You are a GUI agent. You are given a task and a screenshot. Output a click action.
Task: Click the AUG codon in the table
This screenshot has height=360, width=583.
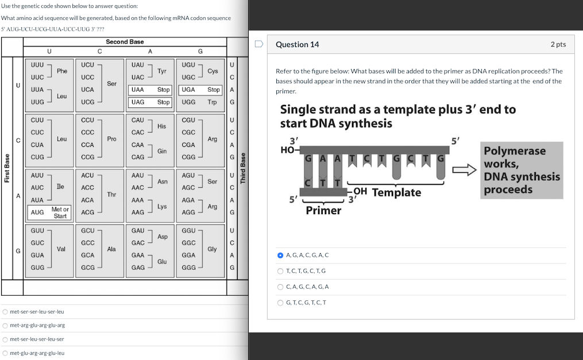pos(37,212)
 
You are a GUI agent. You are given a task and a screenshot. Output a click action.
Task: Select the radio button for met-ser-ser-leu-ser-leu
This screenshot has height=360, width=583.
pos(5,312)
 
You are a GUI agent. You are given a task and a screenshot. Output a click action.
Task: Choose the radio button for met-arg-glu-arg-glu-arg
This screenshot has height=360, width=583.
pos(5,326)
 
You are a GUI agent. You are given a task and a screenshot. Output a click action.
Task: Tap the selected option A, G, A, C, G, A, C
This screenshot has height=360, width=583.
pos(280,256)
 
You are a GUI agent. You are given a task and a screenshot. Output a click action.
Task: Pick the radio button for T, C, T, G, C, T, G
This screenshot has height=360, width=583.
pos(280,271)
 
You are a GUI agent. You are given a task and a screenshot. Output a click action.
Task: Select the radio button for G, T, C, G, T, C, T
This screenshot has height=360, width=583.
pos(280,303)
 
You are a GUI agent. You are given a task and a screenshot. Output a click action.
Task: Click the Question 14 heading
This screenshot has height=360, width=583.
pos(297,45)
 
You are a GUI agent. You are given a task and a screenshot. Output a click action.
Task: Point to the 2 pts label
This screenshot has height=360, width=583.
pos(558,44)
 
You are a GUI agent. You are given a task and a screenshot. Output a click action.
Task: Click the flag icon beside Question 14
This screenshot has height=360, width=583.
pos(259,44)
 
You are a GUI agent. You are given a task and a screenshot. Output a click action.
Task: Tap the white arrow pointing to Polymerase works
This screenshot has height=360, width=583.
pos(464,170)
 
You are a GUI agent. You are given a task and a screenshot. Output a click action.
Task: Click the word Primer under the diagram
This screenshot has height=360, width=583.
pos(323,210)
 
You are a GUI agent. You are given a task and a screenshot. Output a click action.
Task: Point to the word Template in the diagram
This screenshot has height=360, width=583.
pos(396,192)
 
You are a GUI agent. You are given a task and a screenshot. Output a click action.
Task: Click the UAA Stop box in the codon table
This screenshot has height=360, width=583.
pos(150,90)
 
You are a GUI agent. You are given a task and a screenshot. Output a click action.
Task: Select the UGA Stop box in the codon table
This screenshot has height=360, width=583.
pos(200,90)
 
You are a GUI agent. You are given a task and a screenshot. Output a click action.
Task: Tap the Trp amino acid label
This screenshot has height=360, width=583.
pos(212,102)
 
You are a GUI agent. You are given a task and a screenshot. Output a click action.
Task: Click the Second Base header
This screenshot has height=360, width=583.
pos(125,42)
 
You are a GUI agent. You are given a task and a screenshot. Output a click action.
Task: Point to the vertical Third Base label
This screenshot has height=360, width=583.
pos(243,168)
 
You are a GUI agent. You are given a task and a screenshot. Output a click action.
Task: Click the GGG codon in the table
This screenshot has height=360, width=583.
pos(188,268)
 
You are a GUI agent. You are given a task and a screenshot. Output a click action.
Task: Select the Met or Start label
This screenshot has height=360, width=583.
pos(60,212)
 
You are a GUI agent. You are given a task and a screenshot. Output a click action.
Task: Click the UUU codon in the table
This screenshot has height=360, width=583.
pos(37,65)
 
